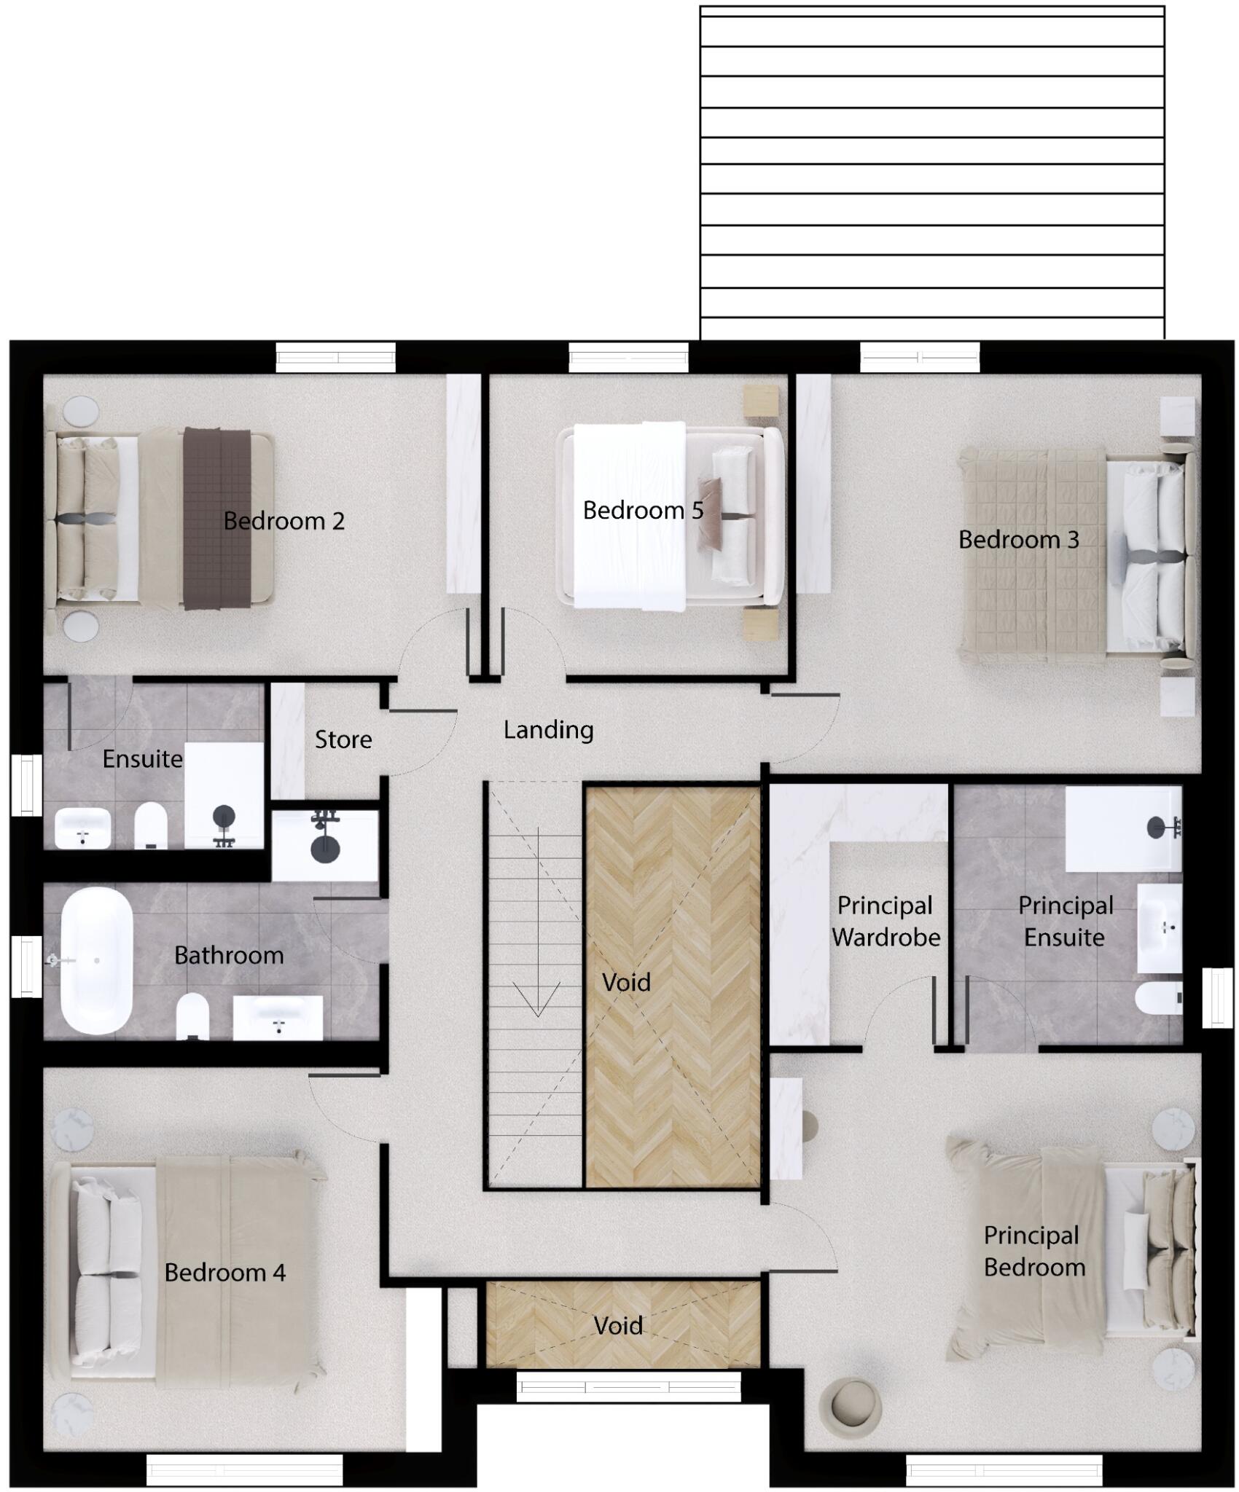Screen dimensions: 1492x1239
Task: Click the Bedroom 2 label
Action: (x=284, y=521)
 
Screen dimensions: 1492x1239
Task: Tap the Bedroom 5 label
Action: (x=643, y=510)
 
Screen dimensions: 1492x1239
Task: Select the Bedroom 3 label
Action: (x=1018, y=540)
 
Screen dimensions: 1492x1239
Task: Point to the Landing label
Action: (x=548, y=730)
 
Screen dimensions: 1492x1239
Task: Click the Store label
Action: (x=343, y=739)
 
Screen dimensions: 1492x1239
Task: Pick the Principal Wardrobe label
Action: (x=886, y=921)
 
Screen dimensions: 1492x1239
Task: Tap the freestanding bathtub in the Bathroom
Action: (x=96, y=960)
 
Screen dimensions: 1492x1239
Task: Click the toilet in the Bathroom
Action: (x=192, y=1016)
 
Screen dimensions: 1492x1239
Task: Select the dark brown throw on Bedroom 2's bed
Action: (x=216, y=518)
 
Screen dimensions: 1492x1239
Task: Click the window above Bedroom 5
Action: (x=628, y=357)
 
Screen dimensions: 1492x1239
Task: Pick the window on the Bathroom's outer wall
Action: (x=26, y=965)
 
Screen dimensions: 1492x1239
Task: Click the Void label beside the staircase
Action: (x=626, y=982)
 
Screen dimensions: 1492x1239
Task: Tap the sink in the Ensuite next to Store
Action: (x=83, y=829)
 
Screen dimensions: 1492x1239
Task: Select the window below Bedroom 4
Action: (x=244, y=1470)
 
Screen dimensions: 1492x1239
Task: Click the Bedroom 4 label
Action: (x=224, y=1272)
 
